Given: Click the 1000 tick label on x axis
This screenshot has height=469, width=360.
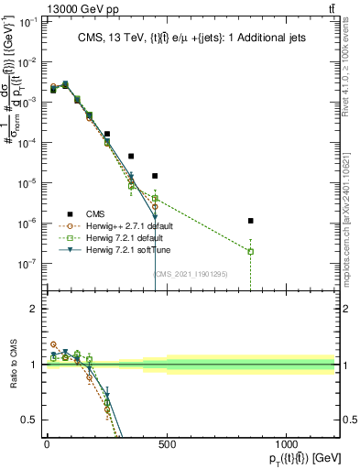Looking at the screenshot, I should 287,444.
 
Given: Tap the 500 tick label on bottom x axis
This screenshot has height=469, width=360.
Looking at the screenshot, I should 167,444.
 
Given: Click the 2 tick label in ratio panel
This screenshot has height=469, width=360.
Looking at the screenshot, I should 35,309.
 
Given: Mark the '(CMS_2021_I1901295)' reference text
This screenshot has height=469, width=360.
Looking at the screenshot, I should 191,273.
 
